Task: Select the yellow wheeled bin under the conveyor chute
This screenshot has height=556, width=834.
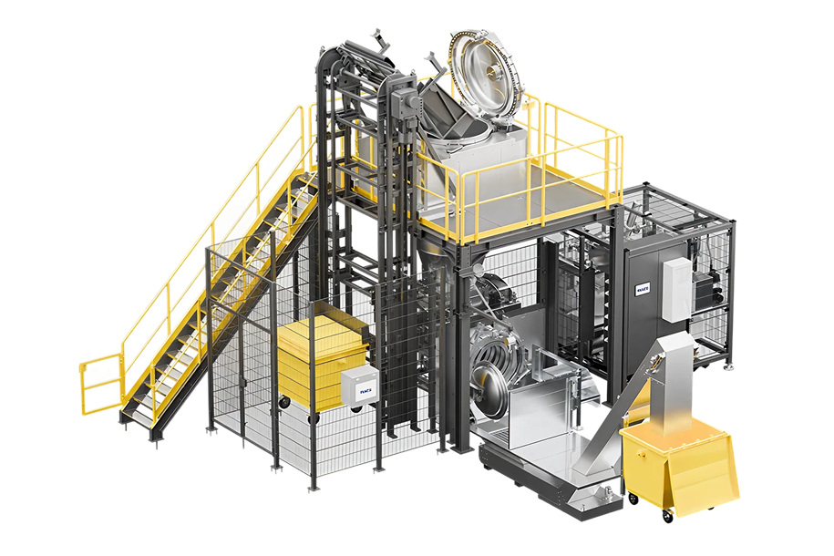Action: pyautogui.click(x=679, y=465)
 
